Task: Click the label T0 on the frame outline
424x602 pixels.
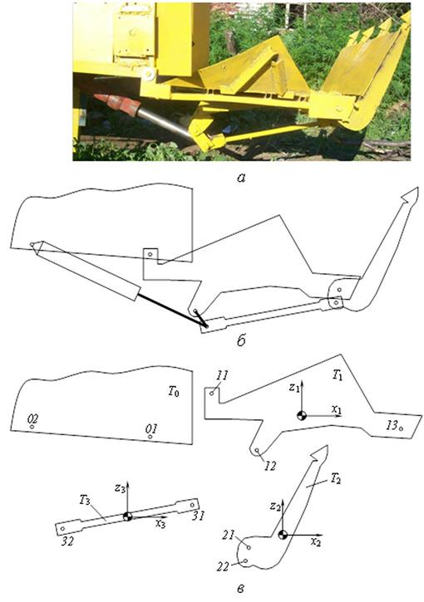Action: (x=174, y=392)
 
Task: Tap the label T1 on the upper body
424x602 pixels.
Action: (x=338, y=375)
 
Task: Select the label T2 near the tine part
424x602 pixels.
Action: (x=334, y=478)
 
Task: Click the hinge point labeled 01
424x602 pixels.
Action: (x=150, y=437)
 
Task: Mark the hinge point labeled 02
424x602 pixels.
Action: (x=32, y=427)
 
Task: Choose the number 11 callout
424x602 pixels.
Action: (x=222, y=375)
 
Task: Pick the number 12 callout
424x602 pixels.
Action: (x=270, y=466)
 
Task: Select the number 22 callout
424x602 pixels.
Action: (x=223, y=566)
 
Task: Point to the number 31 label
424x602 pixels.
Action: (x=198, y=516)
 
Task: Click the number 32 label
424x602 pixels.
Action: (x=67, y=541)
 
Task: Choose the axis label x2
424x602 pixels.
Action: (x=316, y=542)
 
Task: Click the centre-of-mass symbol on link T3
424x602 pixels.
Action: (x=127, y=516)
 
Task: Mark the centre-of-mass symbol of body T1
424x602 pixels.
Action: (x=302, y=415)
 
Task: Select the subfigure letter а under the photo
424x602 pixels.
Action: (x=241, y=178)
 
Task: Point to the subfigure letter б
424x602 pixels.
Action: (x=241, y=340)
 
